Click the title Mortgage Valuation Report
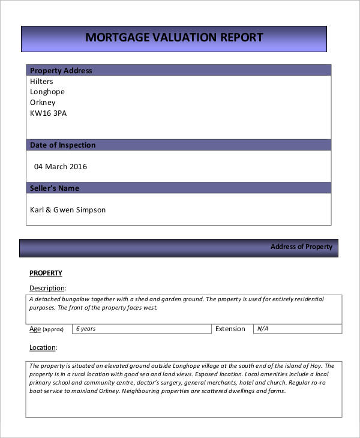click(174, 37)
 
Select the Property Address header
click(61, 70)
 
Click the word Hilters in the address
click(41, 82)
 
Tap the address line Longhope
click(47, 92)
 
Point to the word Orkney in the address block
click(43, 103)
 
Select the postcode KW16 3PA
click(48, 113)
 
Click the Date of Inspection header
click(62, 145)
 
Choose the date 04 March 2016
click(60, 166)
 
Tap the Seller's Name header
click(54, 188)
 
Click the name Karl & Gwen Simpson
click(67, 210)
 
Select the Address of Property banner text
click(301, 247)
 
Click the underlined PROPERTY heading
click(46, 273)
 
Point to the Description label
click(47, 288)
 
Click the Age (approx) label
click(46, 329)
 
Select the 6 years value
click(85, 329)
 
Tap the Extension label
click(230, 329)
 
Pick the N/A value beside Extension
click(263, 329)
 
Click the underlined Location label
click(43, 347)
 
